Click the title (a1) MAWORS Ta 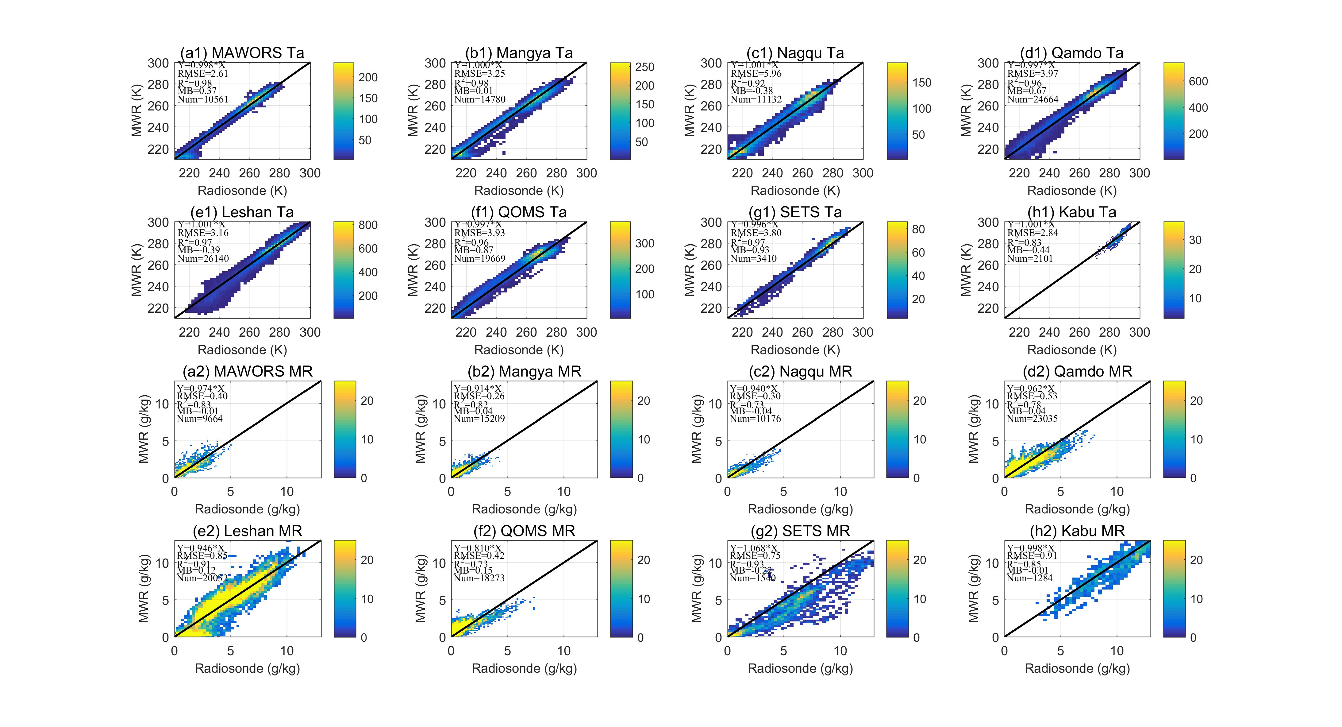[242, 53]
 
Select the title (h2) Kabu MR [1077, 531]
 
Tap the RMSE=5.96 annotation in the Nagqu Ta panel [756, 73]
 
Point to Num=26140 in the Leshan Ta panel [203, 258]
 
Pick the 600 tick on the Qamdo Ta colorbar [1198, 81]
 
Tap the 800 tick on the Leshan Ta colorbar [368, 225]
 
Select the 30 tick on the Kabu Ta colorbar [1195, 240]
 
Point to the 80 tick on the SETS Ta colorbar [918, 229]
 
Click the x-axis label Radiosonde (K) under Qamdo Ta [1072, 191]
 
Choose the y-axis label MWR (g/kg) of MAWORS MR [144, 429]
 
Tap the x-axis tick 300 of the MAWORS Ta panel [310, 173]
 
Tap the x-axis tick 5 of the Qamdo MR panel [1060, 491]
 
